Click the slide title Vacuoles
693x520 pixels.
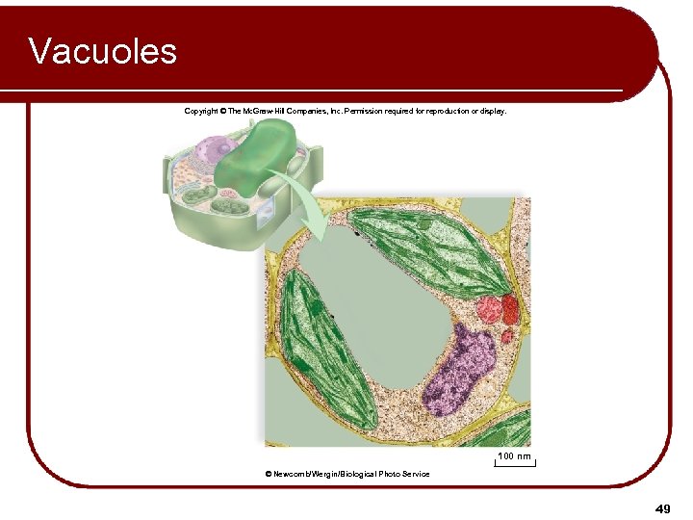coord(103,50)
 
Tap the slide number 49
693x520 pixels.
coord(662,507)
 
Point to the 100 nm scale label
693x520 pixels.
coord(513,455)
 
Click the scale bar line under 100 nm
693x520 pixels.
coord(515,465)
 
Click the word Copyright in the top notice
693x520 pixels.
coord(200,111)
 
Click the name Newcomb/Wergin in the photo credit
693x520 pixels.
coord(306,474)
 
